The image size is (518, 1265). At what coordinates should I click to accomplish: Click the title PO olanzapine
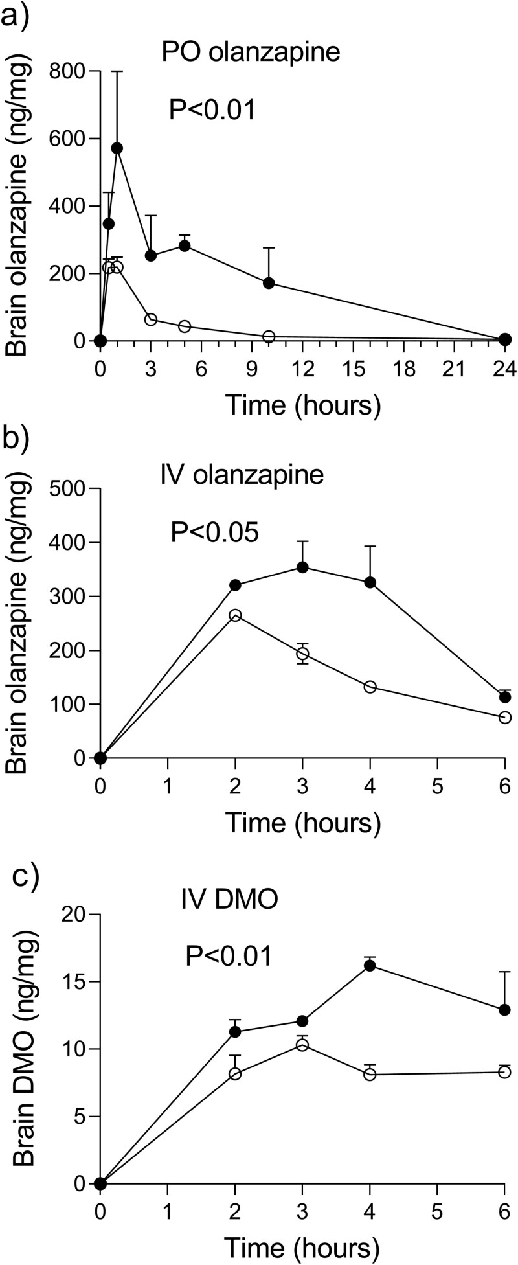click(251, 52)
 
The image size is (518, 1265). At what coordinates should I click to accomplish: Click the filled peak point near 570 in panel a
click(117, 148)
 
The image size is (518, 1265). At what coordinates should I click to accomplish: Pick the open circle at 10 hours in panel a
click(269, 337)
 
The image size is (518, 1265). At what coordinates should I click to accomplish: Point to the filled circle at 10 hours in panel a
click(269, 283)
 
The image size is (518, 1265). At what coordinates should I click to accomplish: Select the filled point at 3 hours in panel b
click(302, 567)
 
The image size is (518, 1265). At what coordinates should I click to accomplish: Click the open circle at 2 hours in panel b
click(235, 615)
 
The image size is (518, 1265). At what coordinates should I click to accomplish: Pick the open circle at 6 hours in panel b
click(505, 717)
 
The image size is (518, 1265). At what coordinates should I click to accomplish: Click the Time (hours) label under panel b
click(302, 823)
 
